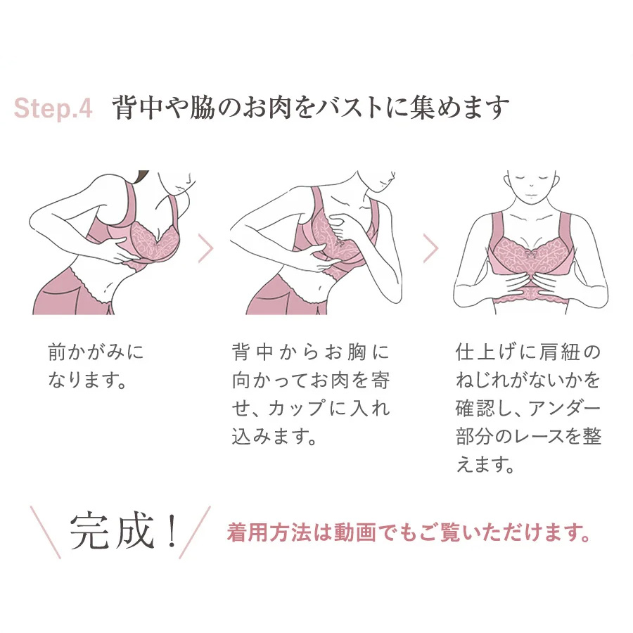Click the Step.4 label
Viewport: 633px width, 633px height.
tap(53, 108)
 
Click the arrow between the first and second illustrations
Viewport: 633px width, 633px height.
tap(205, 248)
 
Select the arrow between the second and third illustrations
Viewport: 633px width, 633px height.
tap(430, 248)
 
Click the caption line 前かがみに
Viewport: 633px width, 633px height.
tap(96, 352)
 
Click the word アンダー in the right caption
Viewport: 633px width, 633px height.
tap(564, 408)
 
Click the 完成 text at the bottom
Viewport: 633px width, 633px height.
tap(113, 530)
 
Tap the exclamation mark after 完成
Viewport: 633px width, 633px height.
tap(172, 530)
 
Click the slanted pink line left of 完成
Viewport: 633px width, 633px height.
tap(46, 532)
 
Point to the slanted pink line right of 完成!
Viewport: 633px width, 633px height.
tap(195, 532)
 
